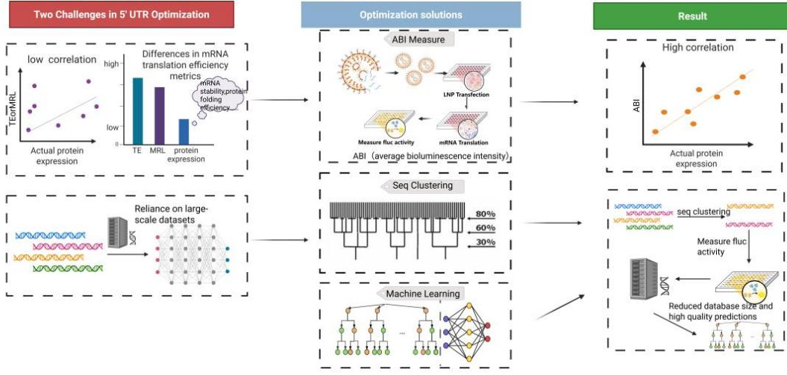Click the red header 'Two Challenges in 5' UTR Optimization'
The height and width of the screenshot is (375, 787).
pyautogui.click(x=119, y=15)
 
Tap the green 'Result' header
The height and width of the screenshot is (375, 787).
pyautogui.click(x=689, y=15)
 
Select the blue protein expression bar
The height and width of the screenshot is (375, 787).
pyautogui.click(x=184, y=131)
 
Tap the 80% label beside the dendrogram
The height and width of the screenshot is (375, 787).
pyautogui.click(x=485, y=215)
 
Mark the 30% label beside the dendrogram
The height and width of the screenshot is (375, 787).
pyautogui.click(x=485, y=243)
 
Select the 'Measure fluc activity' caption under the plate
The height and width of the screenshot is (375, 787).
pyautogui.click(x=387, y=142)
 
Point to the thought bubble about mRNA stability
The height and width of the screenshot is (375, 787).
pyautogui.click(x=222, y=97)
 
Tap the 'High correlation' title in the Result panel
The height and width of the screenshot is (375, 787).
pyautogui.click(x=697, y=48)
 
